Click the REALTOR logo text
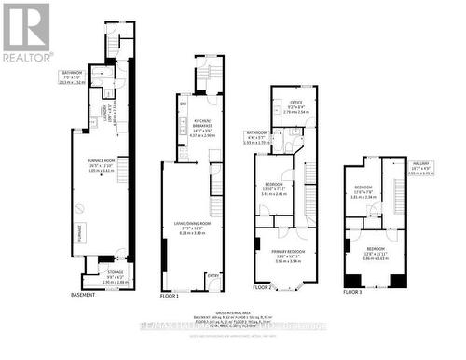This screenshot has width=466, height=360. point(27,56)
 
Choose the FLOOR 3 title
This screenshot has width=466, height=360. point(350,293)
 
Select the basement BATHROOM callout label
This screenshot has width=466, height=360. point(72,72)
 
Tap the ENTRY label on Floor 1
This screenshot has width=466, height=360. point(213,275)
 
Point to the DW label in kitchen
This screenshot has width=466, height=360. point(182,104)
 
